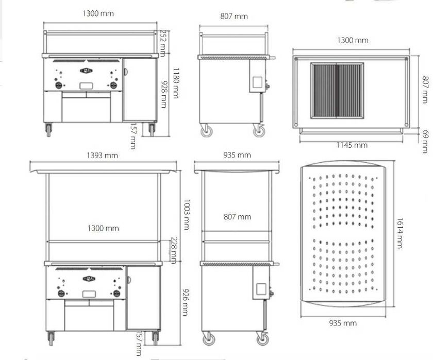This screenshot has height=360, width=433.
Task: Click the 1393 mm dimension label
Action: tap(104, 155)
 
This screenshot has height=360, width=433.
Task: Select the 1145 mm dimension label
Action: tap(352, 145)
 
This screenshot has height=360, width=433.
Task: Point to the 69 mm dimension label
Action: tap(425, 141)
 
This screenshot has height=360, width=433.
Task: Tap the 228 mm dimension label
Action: tap(174, 250)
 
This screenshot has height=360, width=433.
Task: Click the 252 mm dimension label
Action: tap(162, 43)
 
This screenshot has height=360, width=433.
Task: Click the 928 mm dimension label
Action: tap(163, 93)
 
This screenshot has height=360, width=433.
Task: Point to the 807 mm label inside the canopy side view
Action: tap(238, 217)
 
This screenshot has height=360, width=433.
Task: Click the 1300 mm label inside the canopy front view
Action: tap(105, 228)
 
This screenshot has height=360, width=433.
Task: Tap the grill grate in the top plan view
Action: tap(337, 91)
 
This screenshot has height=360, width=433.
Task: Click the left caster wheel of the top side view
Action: tap(206, 131)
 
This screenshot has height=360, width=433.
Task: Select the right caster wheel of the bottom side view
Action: tap(262, 338)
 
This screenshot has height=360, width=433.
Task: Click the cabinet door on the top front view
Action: tap(139, 90)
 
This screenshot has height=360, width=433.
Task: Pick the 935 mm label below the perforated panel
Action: tap(343, 323)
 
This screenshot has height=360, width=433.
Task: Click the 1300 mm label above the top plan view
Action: tap(353, 40)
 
